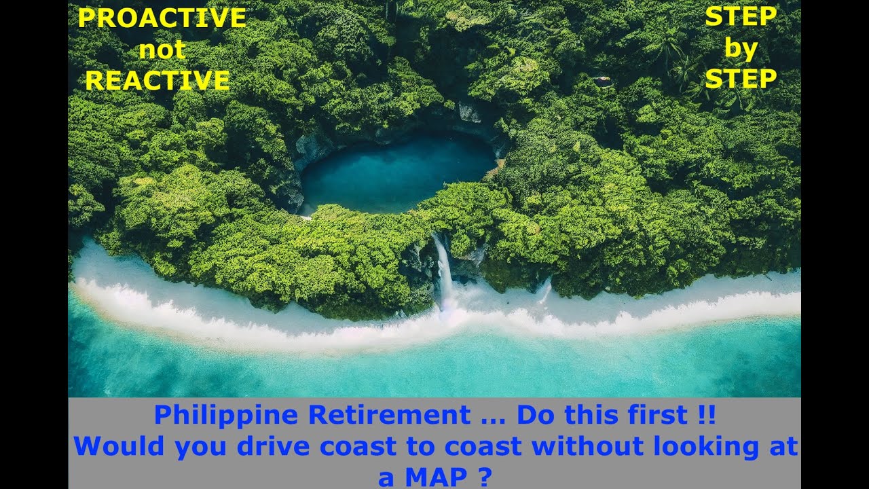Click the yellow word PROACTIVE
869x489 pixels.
pos(162,18)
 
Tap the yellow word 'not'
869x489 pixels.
pos(162,50)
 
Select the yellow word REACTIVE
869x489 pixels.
pos(158,81)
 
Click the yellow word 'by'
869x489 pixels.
pos(740,49)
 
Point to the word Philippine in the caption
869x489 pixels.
pos(225,415)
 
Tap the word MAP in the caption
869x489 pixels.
pos(436,477)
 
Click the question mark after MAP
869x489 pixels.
pos(485,477)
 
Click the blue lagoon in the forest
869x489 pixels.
pos(397,173)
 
